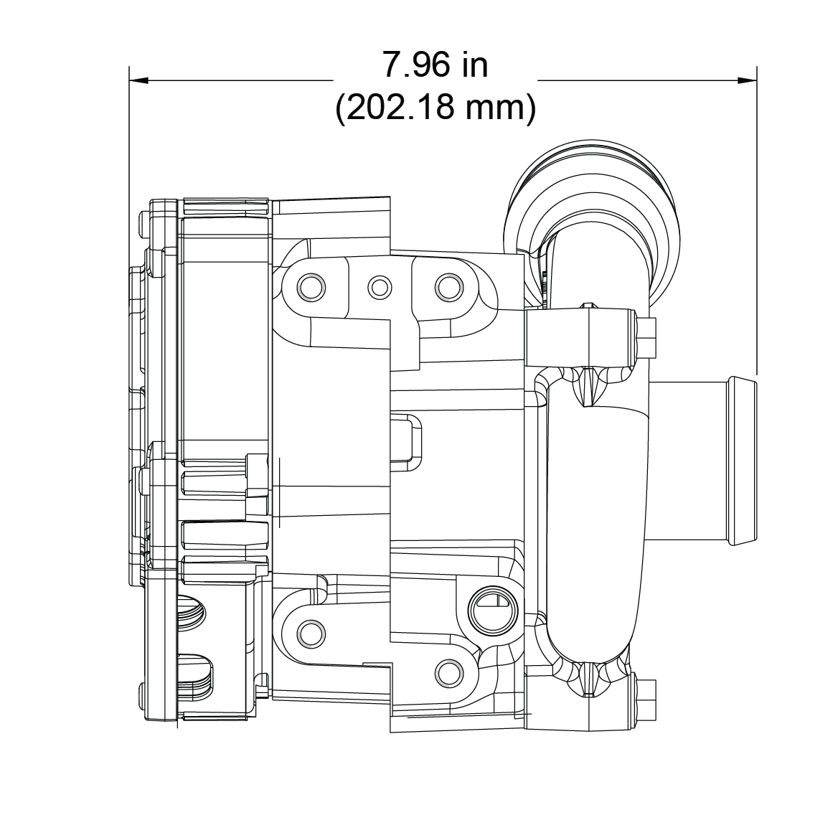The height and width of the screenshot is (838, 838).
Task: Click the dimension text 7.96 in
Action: [435, 65]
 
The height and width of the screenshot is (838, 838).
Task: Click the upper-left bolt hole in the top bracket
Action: [311, 287]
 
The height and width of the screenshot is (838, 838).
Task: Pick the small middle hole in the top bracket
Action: [380, 287]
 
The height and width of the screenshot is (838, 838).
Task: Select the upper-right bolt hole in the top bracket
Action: [448, 287]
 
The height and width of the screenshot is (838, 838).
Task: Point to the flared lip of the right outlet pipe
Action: [742, 459]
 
